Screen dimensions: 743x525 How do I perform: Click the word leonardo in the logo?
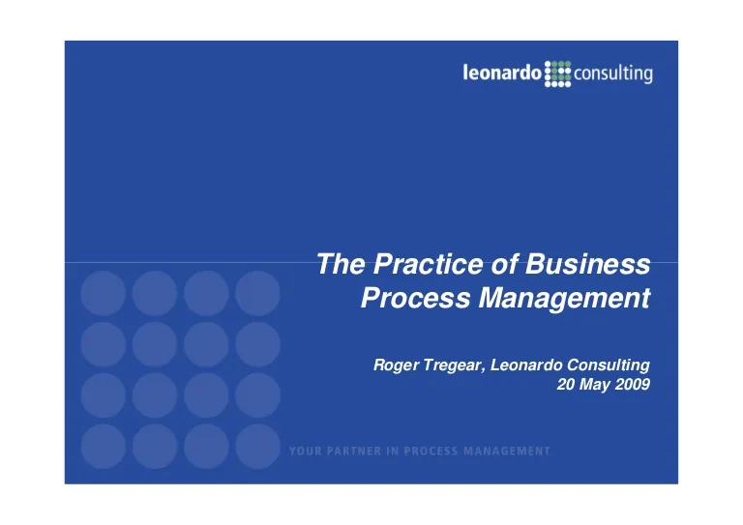click(x=502, y=73)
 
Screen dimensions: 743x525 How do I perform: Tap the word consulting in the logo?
click(x=613, y=74)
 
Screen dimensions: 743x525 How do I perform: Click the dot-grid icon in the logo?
click(x=557, y=73)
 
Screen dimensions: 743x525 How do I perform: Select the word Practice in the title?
click(x=429, y=264)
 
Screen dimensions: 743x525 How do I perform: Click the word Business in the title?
click(x=587, y=264)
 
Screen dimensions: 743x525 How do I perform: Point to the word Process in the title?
click(x=416, y=298)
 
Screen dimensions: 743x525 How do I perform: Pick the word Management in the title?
click(x=564, y=299)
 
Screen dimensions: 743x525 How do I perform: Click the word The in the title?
click(x=341, y=264)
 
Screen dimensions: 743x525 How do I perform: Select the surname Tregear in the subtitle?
click(x=454, y=365)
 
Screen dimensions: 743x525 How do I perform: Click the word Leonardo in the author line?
click(x=526, y=365)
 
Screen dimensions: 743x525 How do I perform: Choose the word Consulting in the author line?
click(x=609, y=365)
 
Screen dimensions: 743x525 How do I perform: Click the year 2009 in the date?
click(x=633, y=385)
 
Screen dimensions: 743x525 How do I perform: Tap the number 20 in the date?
click(x=565, y=385)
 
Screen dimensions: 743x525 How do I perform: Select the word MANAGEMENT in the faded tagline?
click(x=507, y=452)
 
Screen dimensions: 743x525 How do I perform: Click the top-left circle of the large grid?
click(x=104, y=294)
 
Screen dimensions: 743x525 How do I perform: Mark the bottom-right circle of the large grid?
click(x=257, y=447)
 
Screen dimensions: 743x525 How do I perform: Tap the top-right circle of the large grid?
click(x=257, y=294)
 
